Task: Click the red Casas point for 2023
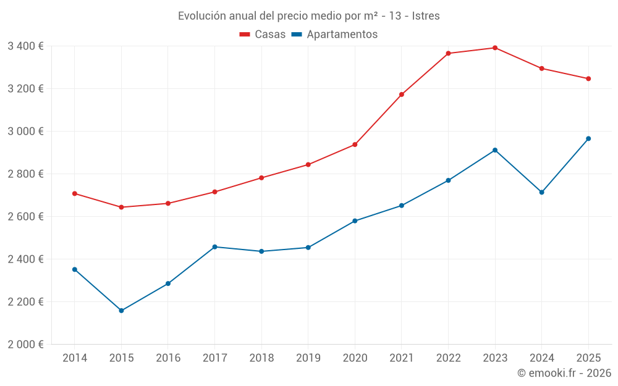click(495, 48)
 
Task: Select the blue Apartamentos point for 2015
click(121, 311)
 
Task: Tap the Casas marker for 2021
click(402, 94)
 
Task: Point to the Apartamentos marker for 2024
click(541, 192)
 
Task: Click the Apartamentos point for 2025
click(588, 138)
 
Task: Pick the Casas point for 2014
click(74, 193)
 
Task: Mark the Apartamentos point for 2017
click(214, 247)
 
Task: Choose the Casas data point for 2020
click(355, 145)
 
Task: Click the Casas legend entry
click(263, 35)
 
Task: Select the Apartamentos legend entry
click(334, 35)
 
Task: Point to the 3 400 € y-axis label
click(25, 46)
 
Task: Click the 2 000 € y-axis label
click(25, 345)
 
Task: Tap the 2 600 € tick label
click(25, 217)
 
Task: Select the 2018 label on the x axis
click(261, 358)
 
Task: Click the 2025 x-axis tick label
click(588, 358)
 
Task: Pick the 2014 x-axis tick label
click(74, 358)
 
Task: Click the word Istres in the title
click(426, 16)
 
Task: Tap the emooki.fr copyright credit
click(564, 373)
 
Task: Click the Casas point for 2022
click(448, 53)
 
